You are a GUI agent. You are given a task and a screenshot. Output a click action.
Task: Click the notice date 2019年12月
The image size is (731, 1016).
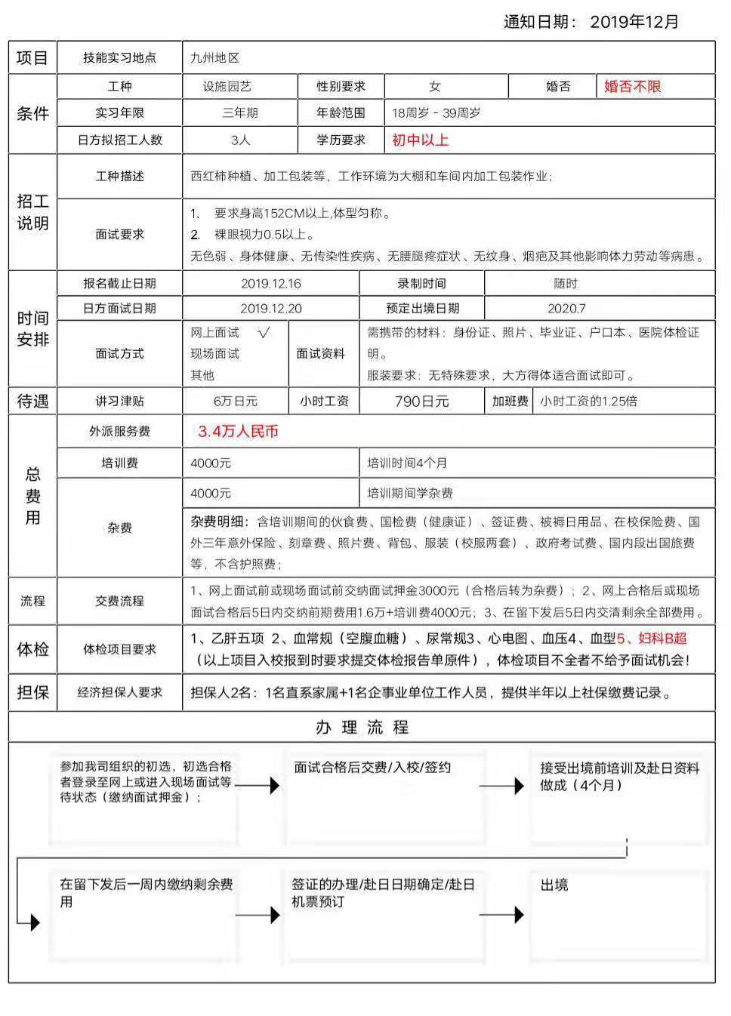point(634,22)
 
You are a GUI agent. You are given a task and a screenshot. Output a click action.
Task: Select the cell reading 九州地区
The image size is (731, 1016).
point(214,58)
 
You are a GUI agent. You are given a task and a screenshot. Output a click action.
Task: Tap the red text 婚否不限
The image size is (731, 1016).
point(632,87)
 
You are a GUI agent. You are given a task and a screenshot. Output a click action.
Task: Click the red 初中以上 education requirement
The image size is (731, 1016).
point(420,140)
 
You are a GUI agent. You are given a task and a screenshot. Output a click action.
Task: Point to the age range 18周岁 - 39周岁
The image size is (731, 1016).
point(436,113)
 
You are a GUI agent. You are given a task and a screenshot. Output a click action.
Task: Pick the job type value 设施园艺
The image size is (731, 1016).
point(239,87)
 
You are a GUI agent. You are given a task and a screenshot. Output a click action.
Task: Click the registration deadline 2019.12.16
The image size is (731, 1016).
point(270,284)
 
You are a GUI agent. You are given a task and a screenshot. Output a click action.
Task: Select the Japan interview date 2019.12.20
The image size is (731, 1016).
point(270,308)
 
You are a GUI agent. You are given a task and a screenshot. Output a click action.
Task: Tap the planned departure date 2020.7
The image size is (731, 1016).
point(566,308)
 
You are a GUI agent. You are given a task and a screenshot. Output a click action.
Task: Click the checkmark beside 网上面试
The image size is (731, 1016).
point(263,332)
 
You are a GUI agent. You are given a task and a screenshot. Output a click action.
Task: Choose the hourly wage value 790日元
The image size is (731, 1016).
point(421,402)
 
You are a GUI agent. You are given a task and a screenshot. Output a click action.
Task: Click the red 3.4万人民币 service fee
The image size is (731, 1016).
point(238,431)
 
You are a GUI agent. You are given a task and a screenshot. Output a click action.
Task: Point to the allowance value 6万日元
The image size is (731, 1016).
point(235,402)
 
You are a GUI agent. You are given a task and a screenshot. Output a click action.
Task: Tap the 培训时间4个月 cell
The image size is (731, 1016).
point(407,463)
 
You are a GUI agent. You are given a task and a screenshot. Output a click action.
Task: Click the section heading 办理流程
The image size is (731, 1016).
point(362,728)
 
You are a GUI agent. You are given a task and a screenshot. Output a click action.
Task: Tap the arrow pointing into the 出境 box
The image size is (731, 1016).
point(501,915)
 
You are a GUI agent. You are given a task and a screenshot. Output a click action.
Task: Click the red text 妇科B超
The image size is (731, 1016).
point(662,639)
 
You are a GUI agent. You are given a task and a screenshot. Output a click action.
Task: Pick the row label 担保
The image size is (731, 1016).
point(32,692)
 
